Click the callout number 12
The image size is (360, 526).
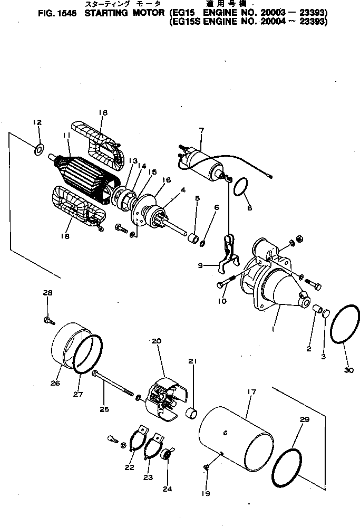click(x=36, y=122)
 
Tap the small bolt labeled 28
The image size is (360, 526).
click(x=47, y=319)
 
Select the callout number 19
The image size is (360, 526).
click(x=206, y=494)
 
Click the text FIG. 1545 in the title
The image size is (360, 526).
click(x=54, y=15)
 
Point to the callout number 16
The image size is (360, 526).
click(x=167, y=180)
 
